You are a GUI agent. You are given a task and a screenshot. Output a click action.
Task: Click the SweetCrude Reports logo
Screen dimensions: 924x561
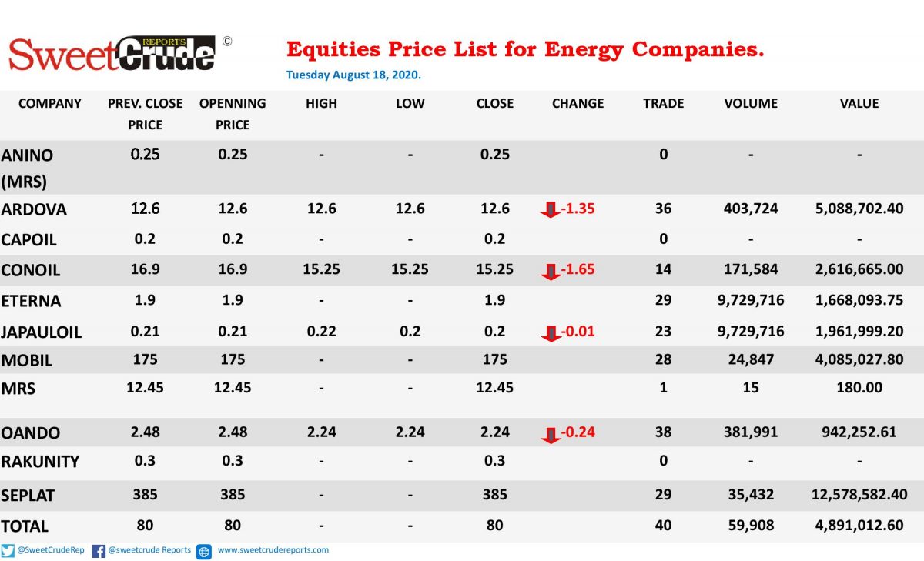pos(112,54)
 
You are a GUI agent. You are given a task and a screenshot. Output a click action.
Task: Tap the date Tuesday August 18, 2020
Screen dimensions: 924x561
pos(353,75)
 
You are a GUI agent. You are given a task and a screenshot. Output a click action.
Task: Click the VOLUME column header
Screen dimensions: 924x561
pos(751,103)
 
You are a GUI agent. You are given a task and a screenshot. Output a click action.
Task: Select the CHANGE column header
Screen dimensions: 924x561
pos(577,103)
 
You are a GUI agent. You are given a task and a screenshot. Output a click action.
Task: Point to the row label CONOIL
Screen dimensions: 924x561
pos(31,270)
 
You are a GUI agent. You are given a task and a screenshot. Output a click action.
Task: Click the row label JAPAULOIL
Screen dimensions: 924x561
pos(42,332)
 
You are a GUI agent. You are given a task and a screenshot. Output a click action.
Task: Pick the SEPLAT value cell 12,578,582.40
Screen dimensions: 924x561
pos(859,494)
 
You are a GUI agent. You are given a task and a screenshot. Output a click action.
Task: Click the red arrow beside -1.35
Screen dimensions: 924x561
pos(551,209)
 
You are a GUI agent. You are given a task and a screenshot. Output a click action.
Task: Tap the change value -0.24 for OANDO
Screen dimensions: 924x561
pos(578,432)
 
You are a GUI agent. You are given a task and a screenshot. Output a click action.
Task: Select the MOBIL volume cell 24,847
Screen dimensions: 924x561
pos(751,359)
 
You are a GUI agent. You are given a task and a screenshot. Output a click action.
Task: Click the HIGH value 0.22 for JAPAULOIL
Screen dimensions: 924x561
pos(321,332)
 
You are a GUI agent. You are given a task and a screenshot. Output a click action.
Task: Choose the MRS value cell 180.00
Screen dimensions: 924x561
pos(859,387)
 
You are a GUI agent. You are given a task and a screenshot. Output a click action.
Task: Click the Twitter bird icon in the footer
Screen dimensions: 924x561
pos(8,551)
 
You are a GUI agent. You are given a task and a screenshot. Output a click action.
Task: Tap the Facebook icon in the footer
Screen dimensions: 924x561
pos(99,551)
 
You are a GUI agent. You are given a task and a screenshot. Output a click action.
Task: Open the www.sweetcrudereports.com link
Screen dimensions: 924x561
pos(273,550)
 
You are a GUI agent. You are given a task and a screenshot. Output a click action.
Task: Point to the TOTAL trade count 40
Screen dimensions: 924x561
pos(663,525)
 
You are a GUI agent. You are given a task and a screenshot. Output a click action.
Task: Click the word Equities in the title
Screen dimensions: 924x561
pos(333,49)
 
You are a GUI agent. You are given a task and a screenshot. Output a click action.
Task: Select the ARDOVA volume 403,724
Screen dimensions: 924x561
pos(751,209)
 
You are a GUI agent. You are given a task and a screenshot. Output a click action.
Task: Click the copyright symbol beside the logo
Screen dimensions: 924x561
pos(227,42)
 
